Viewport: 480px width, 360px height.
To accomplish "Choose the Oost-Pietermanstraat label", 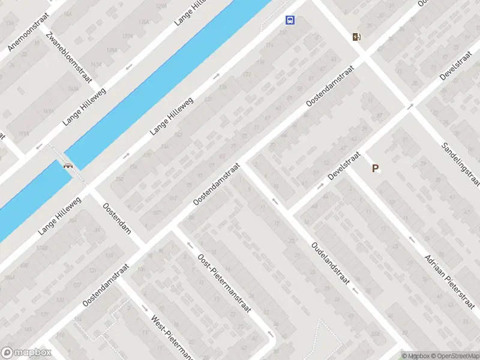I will click(x=224, y=281).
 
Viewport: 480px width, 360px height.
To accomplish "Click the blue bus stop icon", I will click(x=290, y=20).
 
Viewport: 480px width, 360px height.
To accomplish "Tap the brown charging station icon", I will click(x=357, y=37).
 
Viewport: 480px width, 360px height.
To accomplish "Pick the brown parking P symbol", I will click(x=376, y=169).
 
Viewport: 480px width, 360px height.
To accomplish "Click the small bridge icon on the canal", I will click(x=68, y=166).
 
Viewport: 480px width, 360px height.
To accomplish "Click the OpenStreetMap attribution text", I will click(x=452, y=356).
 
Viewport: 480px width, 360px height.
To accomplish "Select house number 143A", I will click(x=73, y=89).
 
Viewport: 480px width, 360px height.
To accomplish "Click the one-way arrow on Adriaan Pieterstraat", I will click(x=411, y=239).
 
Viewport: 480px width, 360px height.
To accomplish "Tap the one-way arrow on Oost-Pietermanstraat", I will click(x=189, y=245).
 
